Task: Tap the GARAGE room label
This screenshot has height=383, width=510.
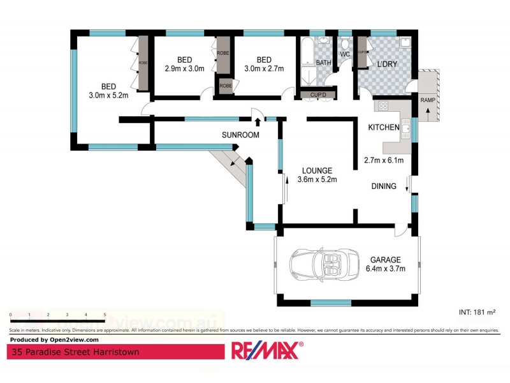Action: (386, 260)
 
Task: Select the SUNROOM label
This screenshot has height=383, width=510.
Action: (240, 135)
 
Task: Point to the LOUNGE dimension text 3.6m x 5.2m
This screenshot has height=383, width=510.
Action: (317, 179)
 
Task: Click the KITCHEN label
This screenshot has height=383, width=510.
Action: (384, 128)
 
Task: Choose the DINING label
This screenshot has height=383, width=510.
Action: (384, 186)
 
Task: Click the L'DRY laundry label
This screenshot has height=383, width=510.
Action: (387, 65)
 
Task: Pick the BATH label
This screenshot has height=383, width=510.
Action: (324, 63)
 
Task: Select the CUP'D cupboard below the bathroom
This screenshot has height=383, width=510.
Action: (318, 95)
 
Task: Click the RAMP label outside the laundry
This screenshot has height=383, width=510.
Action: (428, 100)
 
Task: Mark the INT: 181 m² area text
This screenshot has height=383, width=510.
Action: (477, 312)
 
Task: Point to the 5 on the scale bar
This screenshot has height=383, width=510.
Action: (104, 315)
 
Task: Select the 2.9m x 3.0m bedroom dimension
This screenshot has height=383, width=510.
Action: (184, 69)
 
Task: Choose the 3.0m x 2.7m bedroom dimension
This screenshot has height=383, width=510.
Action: (264, 69)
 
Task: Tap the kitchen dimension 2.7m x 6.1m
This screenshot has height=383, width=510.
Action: (383, 160)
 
